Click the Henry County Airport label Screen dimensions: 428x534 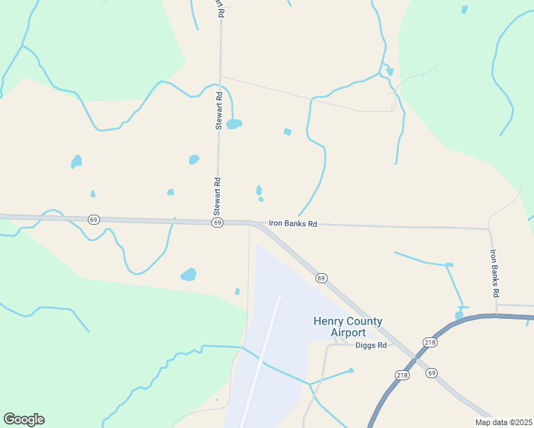click(x=348, y=327)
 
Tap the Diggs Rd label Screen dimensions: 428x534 click(x=371, y=345)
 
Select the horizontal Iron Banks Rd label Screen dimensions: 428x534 click(x=293, y=223)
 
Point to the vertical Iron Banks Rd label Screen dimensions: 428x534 click(x=493, y=272)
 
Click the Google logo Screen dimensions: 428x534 click(x=24, y=419)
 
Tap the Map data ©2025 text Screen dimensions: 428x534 click(x=503, y=422)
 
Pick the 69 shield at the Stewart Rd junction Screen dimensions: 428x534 click(x=216, y=223)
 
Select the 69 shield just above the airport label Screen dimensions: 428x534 click(x=321, y=277)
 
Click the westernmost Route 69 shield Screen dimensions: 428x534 click(x=94, y=219)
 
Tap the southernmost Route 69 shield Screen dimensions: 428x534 click(x=431, y=372)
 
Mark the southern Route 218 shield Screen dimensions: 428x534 click(x=402, y=375)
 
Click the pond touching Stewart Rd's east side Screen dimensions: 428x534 click(x=233, y=124)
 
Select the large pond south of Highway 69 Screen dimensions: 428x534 click(x=188, y=275)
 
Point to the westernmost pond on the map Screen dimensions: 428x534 click(x=76, y=162)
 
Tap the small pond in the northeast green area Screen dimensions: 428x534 click(x=465, y=10)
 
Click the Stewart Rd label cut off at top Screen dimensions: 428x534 click(x=219, y=8)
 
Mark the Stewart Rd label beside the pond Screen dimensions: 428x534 click(x=219, y=111)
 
